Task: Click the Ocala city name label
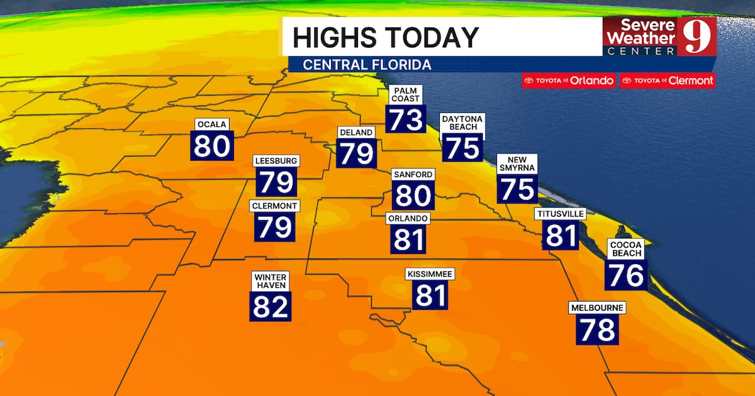(x=211, y=124)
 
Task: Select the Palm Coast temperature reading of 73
(x=406, y=118)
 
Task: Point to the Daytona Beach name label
(x=462, y=123)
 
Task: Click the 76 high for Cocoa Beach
(x=626, y=275)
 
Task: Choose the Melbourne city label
(x=597, y=308)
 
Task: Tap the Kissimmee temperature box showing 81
(x=430, y=295)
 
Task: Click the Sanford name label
(x=413, y=174)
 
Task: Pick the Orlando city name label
(x=408, y=218)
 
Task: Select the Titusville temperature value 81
(x=561, y=236)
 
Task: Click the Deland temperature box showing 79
(x=357, y=153)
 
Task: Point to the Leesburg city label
(x=276, y=161)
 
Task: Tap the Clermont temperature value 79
(x=275, y=226)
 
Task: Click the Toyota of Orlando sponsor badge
(x=569, y=80)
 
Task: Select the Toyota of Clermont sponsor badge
(x=667, y=80)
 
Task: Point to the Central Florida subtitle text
(x=367, y=65)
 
